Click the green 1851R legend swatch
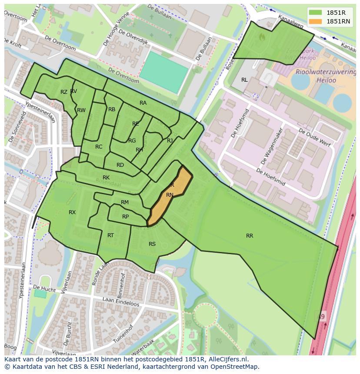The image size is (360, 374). point(316,13)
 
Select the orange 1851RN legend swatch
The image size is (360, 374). point(316,21)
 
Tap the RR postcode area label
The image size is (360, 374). point(250,236)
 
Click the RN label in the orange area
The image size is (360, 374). point(170,195)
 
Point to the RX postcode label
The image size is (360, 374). point(72,212)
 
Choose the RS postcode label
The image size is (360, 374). point(152,244)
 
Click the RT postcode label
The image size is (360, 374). point(110,235)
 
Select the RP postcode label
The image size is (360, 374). point(125,217)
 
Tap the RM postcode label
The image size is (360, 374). point(125,202)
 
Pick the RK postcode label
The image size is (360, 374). point(106,178)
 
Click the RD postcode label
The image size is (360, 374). point(120,165)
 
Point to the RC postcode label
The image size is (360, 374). point(99,147)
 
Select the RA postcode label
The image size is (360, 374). point(143,103)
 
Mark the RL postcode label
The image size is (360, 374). point(244,80)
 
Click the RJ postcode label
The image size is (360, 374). point(170,141)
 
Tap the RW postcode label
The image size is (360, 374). point(81,110)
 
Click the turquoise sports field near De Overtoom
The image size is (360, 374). point(164,72)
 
